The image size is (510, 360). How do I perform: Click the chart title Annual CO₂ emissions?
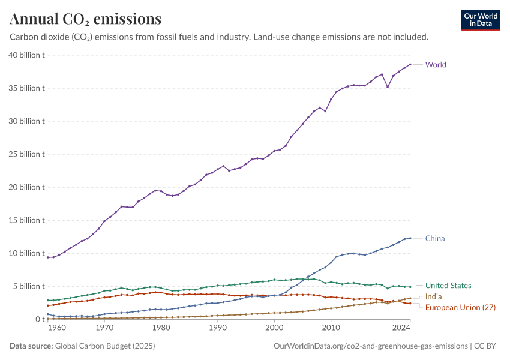point(86,19)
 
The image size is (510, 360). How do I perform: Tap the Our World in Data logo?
point(481,20)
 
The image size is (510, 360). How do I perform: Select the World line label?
point(436,65)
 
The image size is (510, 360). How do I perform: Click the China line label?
point(435,239)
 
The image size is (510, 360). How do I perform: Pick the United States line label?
point(448,286)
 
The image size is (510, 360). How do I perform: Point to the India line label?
point(434,297)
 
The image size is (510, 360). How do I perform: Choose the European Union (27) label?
point(460,308)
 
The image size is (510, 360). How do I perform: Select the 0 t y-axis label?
point(38,319)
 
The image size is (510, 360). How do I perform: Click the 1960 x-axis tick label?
point(56,329)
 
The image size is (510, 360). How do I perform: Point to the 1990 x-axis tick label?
point(217,329)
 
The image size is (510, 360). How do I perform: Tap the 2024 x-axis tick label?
point(400,329)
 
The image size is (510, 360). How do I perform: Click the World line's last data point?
point(410,64)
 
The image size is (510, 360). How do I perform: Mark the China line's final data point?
point(410,238)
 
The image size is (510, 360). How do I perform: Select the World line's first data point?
point(48,257)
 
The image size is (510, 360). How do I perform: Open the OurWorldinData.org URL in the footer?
point(370,346)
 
